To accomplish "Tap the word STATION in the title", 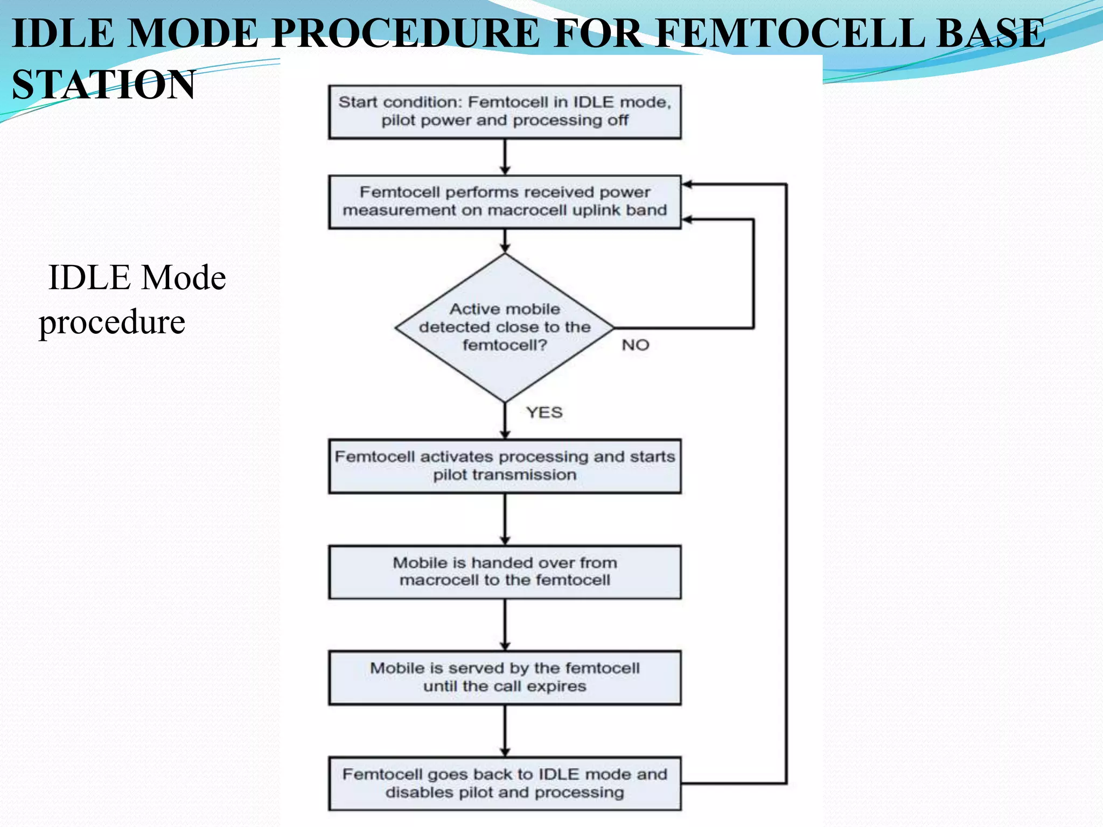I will (103, 85).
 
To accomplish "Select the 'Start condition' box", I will (505, 112).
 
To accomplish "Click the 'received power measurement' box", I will (505, 202).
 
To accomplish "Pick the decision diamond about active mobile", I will (505, 327).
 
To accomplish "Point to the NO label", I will (636, 345).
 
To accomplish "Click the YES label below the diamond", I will (544, 412).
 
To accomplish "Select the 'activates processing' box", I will (505, 466).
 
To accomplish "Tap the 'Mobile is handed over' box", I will (505, 572).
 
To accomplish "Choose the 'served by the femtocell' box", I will (505, 677).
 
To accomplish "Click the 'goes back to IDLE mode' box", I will (505, 783).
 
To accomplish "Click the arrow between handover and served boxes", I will (505, 625).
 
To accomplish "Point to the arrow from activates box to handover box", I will (505, 519).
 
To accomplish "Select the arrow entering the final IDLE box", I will (505, 731).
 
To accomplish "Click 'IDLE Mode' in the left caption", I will (137, 278).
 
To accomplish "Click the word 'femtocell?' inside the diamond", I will (505, 345).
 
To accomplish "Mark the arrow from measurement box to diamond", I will (505, 241).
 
